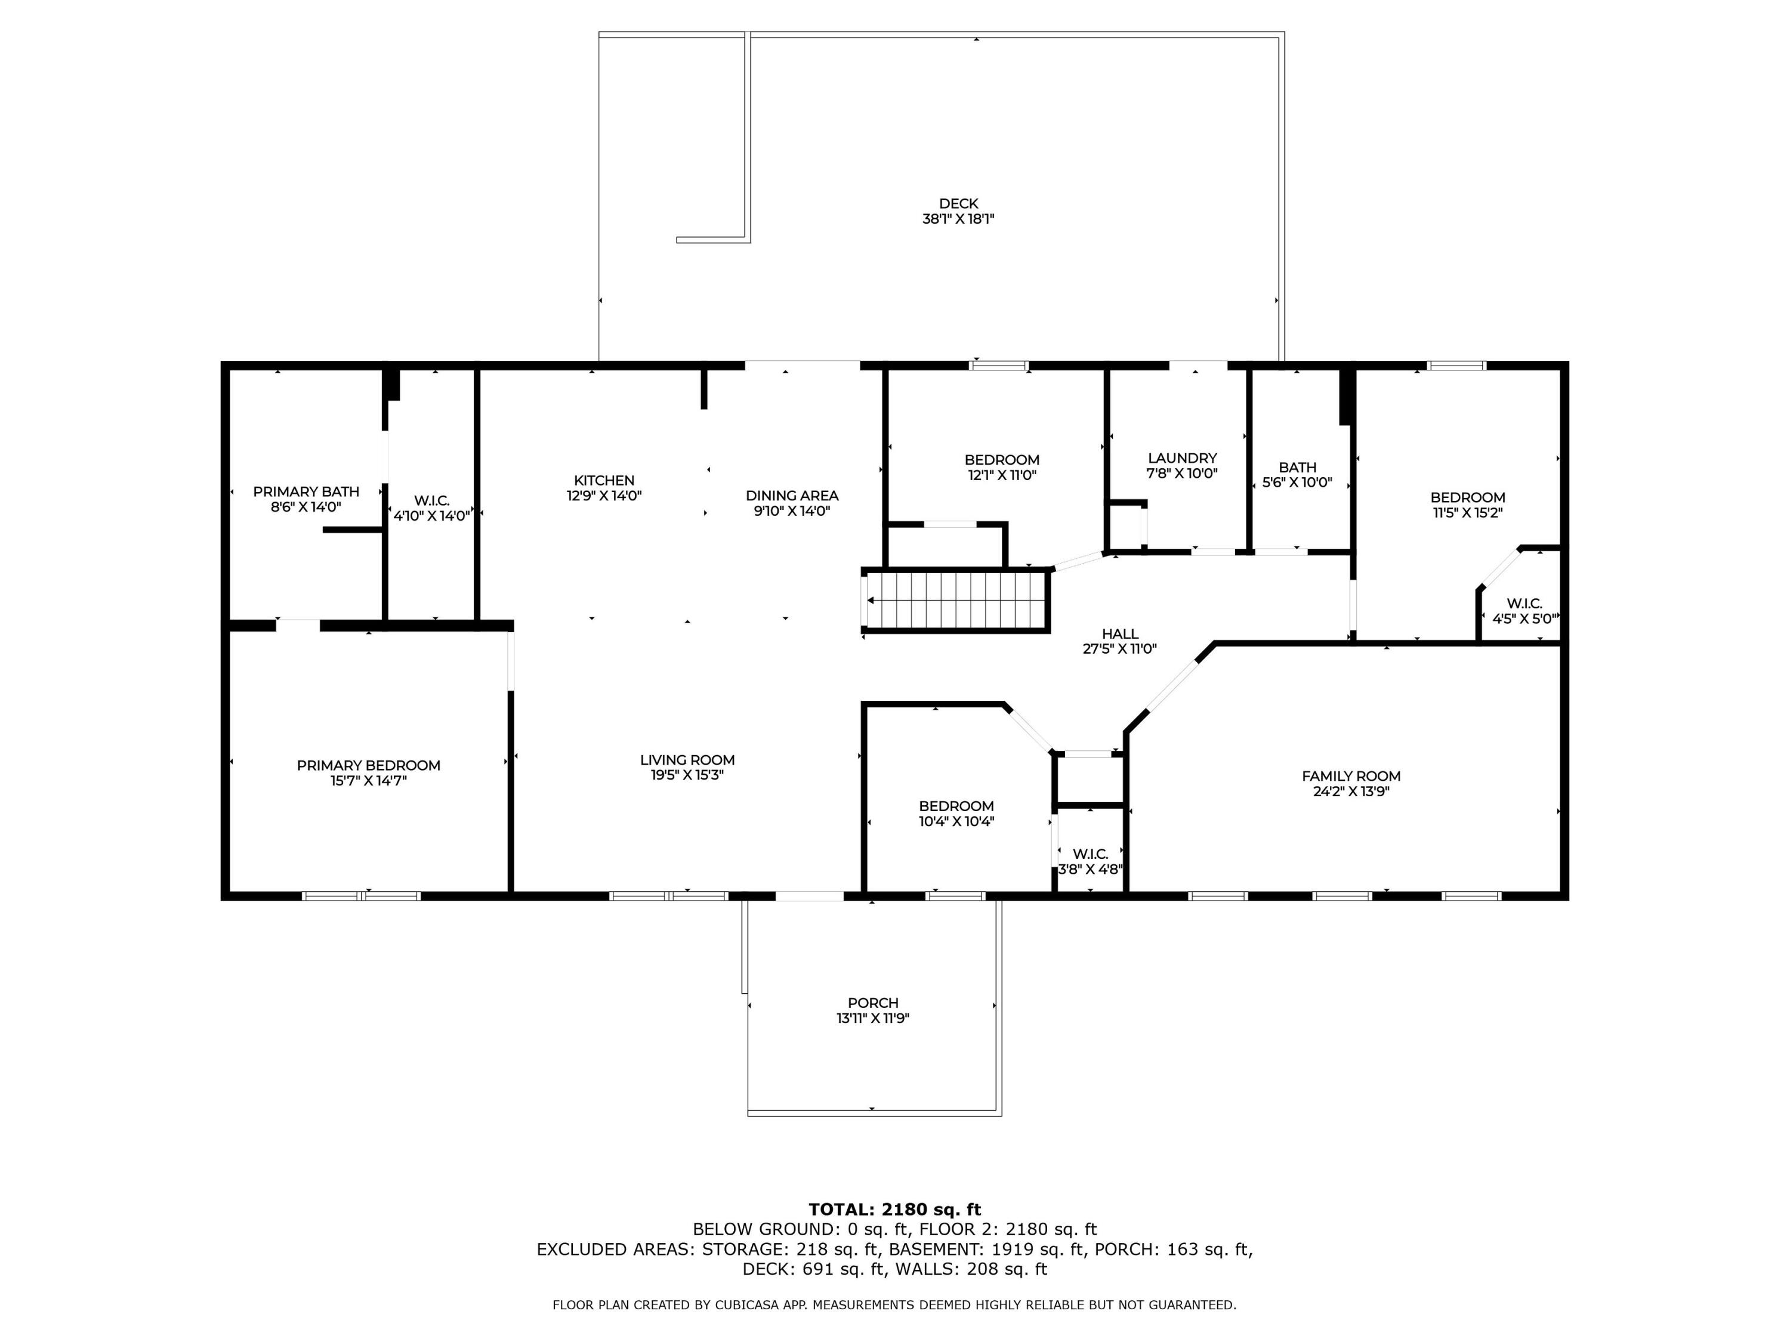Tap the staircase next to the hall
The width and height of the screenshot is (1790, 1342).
[957, 600]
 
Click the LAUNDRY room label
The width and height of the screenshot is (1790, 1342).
[1181, 458]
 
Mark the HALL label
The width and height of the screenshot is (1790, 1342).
[1120, 634]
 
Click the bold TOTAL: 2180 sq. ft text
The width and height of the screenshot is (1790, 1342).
[894, 1210]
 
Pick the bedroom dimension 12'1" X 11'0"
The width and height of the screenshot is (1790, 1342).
[1002, 475]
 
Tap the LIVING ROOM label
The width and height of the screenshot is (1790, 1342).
[687, 760]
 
